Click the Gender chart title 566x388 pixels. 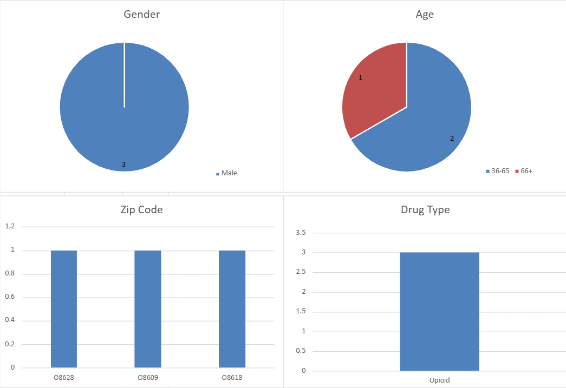coord(142,15)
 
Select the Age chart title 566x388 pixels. coord(425,15)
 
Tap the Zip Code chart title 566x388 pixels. coord(141,209)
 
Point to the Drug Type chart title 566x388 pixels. coord(425,209)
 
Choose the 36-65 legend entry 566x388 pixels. coord(499,171)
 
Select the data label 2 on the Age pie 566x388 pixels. coord(452,138)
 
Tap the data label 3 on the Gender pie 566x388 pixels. coord(123,164)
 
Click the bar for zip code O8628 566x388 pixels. coord(64,309)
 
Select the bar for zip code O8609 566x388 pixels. coord(148,309)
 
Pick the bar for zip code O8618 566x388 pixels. coord(232,309)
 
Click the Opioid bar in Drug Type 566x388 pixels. coord(439,311)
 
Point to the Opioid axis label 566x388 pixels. coord(439,380)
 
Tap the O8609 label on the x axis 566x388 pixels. coord(148,377)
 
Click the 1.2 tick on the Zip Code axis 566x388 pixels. coord(11,227)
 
